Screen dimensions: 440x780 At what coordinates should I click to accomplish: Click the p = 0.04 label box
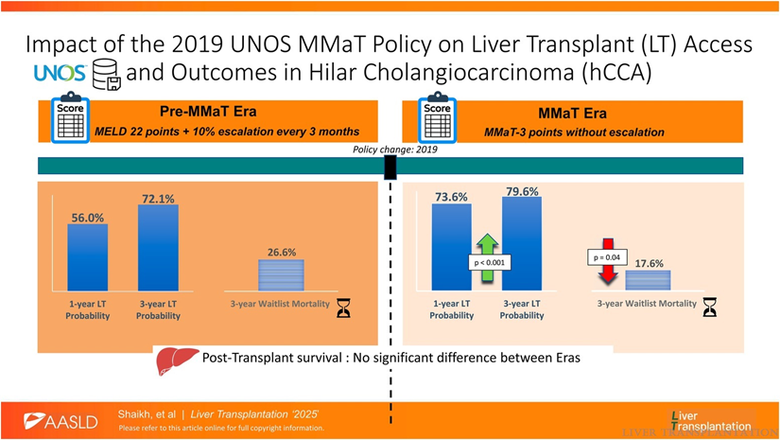pos(608,256)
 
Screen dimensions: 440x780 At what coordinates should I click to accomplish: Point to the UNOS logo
pos(60,73)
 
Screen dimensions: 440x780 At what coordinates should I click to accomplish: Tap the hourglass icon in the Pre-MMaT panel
pos(344,307)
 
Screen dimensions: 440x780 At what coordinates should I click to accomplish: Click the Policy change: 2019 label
pos(390,150)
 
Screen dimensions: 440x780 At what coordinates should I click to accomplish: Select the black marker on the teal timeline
pos(390,167)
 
